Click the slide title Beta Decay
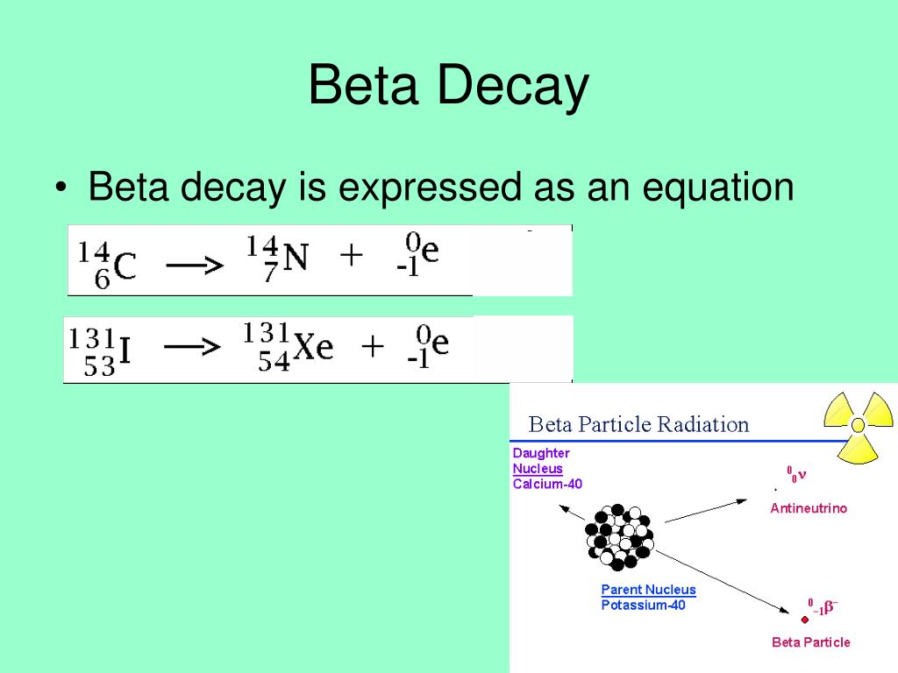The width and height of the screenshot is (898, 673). coord(448,87)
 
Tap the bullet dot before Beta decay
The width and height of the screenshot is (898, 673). coord(60,189)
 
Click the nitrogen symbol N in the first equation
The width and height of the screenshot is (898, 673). coord(296,258)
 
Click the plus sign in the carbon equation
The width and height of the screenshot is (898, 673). coord(351,257)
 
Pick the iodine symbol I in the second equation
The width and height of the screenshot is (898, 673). coord(125,351)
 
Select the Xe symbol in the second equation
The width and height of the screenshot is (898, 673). coord(313,348)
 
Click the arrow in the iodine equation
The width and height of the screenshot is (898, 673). coord(192,348)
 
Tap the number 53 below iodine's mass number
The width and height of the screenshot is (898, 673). coord(99,367)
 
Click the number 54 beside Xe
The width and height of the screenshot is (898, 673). coord(274,362)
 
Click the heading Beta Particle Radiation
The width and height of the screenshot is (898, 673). coord(638,425)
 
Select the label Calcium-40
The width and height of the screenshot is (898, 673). coord(547,484)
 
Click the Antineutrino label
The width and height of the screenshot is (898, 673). coord(809,508)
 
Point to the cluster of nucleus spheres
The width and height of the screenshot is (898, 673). coord(619,535)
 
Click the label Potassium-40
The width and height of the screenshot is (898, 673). coord(643,606)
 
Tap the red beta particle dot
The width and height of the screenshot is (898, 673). coord(805,620)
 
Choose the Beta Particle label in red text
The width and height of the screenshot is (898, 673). coord(810,642)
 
